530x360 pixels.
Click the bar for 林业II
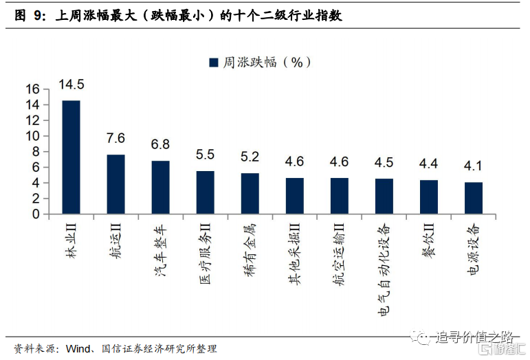click(x=71, y=157)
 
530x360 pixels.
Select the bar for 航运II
click(x=115, y=184)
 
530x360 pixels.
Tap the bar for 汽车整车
click(x=160, y=187)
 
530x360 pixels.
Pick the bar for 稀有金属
click(x=250, y=193)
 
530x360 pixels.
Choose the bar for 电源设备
click(x=473, y=198)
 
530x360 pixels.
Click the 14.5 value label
click(x=71, y=85)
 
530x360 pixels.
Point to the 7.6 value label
click(x=115, y=139)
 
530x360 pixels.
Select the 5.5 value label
click(x=205, y=155)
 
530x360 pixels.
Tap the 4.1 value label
click(x=473, y=166)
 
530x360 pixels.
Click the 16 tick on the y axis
click(x=33, y=89)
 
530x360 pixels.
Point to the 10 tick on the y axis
click(x=33, y=136)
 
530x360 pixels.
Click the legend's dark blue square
click(x=213, y=63)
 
